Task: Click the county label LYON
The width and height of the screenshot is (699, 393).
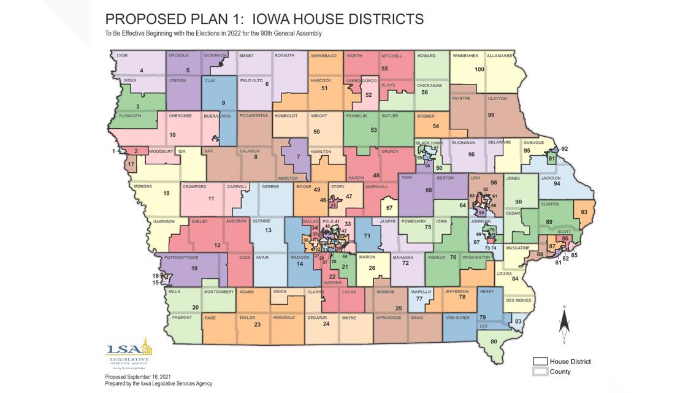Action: (122, 55)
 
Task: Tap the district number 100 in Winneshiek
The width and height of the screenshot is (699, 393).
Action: (479, 69)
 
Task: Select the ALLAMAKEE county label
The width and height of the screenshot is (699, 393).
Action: (500, 55)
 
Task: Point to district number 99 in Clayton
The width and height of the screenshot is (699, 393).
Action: (491, 115)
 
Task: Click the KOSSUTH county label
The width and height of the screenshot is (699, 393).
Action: (285, 55)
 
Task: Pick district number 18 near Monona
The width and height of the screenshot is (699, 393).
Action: (166, 193)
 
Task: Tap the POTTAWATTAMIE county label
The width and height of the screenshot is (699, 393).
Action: (181, 258)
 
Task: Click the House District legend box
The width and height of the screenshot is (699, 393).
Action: (540, 361)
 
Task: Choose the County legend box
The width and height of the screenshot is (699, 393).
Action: (540, 371)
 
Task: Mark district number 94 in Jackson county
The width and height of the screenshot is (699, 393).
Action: (557, 183)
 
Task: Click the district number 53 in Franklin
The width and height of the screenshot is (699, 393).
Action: (373, 130)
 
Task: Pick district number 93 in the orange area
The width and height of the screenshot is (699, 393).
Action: (584, 212)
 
